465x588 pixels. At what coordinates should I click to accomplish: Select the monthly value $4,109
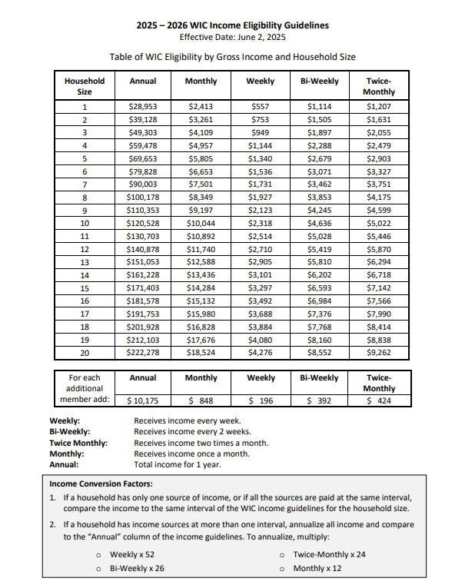[x=201, y=132]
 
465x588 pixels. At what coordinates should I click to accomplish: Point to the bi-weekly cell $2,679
[x=319, y=158]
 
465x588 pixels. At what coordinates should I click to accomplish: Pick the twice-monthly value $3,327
[x=379, y=170]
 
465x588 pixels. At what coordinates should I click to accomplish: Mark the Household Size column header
[x=85, y=86]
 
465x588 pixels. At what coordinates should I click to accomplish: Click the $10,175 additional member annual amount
[x=143, y=400]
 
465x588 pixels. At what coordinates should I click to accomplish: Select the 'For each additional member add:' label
[x=85, y=389]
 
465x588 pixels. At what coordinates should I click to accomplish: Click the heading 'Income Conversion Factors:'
[x=90, y=484]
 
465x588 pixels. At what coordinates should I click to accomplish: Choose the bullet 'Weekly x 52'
[x=131, y=555]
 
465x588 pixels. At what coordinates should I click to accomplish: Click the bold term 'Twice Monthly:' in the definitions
[x=78, y=443]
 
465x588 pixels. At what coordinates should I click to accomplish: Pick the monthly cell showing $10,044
[x=201, y=224]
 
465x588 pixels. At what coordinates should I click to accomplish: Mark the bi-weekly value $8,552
[x=319, y=353]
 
